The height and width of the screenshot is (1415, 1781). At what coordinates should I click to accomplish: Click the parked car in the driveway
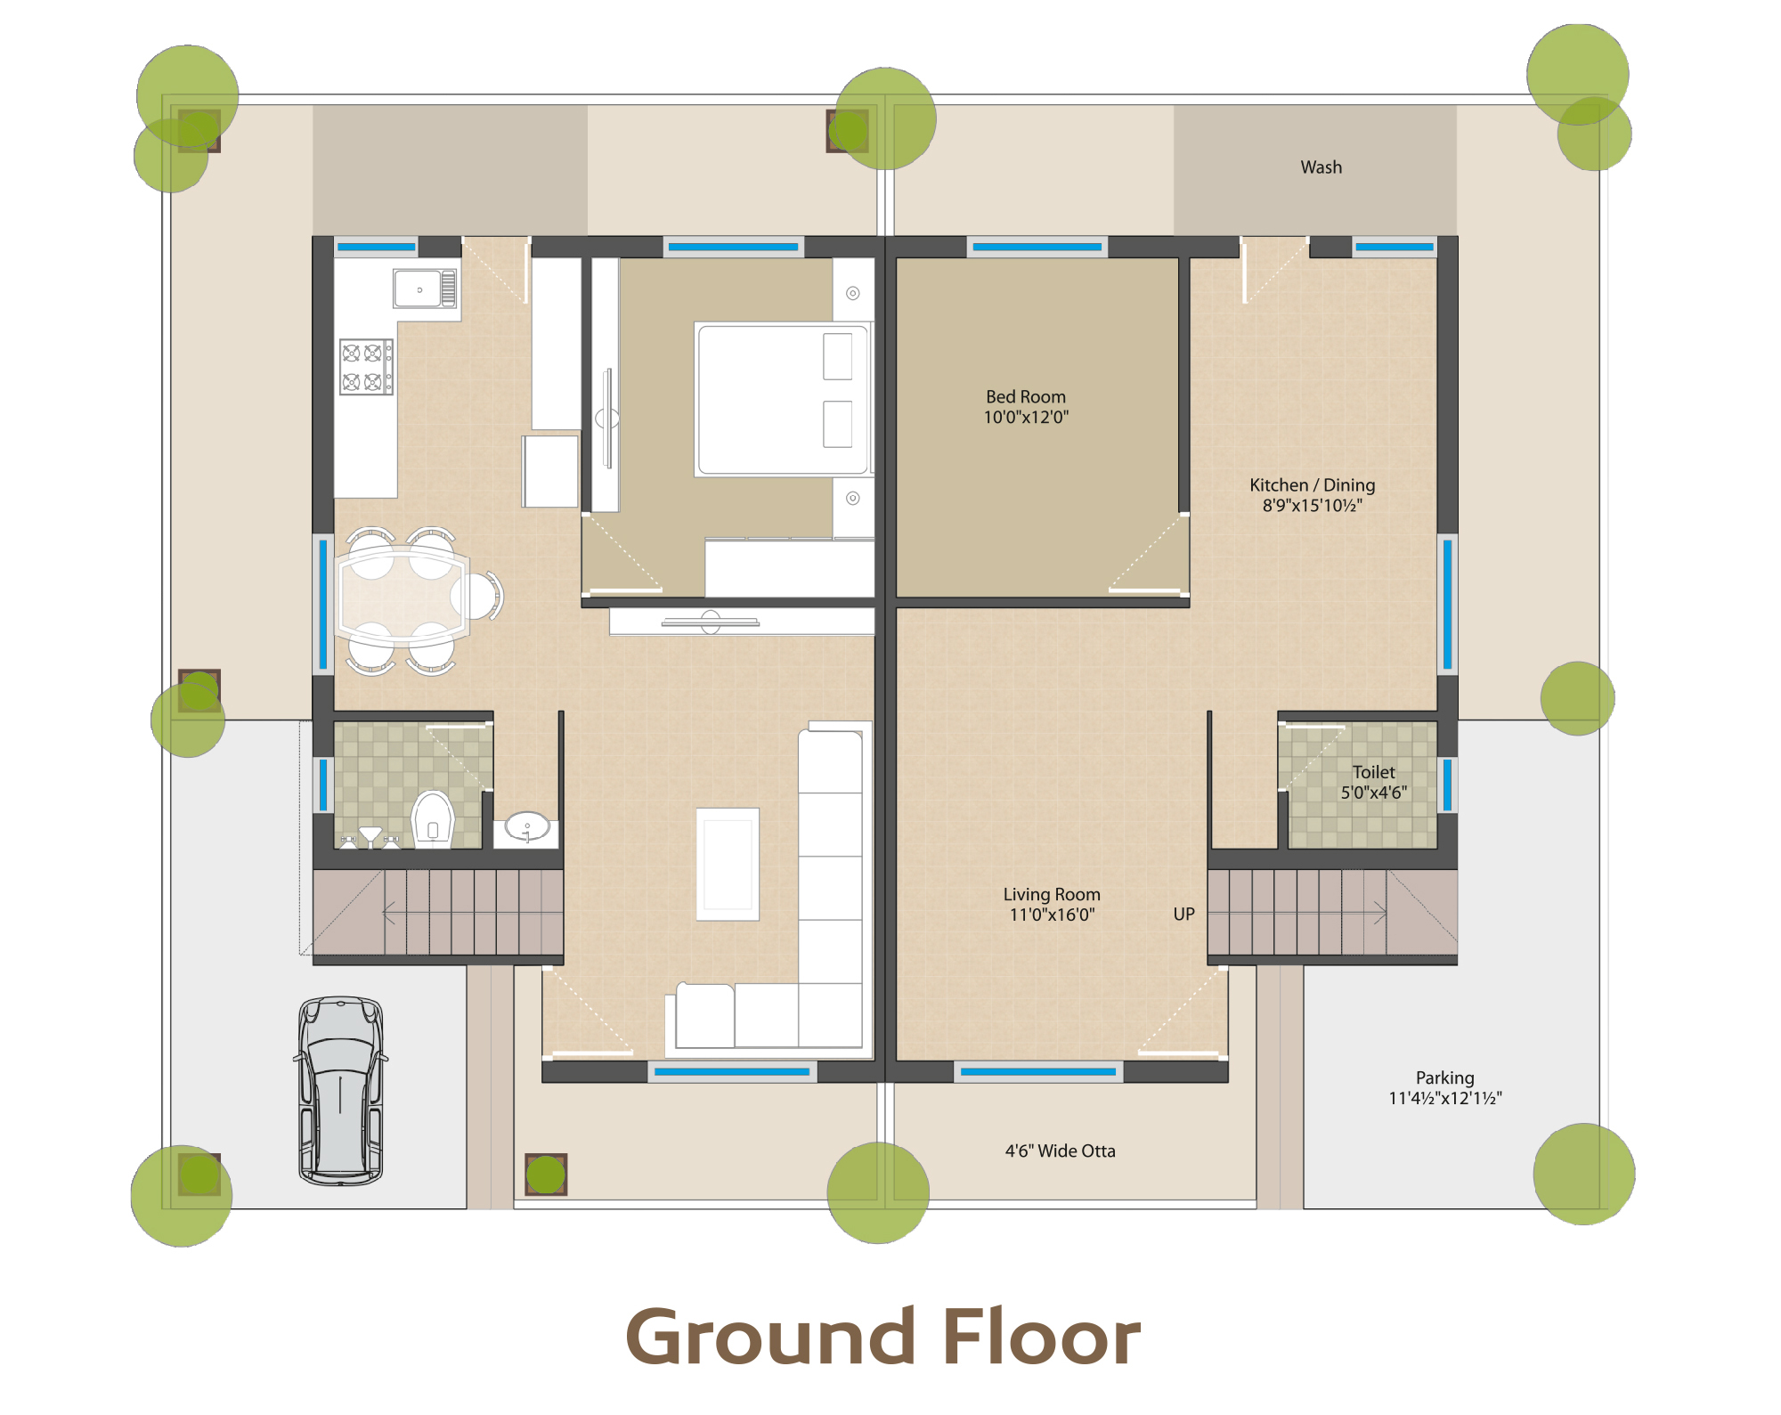click(x=341, y=1091)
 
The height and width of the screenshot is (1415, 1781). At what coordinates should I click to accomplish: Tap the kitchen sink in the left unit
click(x=426, y=289)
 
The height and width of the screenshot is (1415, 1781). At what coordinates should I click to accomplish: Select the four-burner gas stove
click(x=366, y=367)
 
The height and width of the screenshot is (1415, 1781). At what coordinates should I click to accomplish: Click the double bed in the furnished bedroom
click(x=783, y=399)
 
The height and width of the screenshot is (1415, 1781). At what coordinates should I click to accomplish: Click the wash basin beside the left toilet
click(x=527, y=826)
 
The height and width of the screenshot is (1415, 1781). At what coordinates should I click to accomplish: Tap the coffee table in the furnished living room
click(x=728, y=864)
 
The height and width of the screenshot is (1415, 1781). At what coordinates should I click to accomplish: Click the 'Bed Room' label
click(x=1026, y=396)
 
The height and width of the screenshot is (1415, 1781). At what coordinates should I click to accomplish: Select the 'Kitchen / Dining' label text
click(x=1312, y=484)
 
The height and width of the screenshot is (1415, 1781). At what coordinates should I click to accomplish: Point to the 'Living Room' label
click(x=1052, y=894)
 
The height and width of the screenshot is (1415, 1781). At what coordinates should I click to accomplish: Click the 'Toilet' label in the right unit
click(x=1374, y=772)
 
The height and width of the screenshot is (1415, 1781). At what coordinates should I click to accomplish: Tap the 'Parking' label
click(x=1445, y=1078)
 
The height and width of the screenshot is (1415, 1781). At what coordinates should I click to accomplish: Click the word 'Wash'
click(x=1321, y=167)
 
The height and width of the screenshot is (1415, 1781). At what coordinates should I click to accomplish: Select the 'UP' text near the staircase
click(x=1183, y=914)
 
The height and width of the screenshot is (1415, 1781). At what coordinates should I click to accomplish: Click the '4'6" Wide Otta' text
click(x=1060, y=1151)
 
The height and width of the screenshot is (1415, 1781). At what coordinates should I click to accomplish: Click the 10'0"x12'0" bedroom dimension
click(x=1026, y=417)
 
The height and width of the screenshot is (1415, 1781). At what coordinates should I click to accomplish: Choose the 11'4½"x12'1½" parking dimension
click(x=1445, y=1098)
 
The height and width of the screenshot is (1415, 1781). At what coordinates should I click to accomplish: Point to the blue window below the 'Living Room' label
click(x=1038, y=1071)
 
